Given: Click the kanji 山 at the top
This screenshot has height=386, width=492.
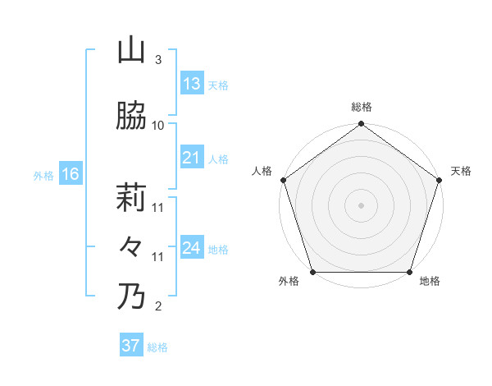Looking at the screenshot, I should (131, 51).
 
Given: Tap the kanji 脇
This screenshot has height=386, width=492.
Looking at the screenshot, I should (131, 117).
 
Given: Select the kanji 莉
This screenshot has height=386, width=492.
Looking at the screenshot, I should (131, 200).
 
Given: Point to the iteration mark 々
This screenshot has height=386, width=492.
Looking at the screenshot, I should (131, 247).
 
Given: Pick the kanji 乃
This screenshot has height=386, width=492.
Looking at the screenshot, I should (131, 296).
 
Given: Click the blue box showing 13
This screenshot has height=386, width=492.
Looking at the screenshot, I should (192, 85).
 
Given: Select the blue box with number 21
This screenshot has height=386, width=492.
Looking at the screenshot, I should (192, 159).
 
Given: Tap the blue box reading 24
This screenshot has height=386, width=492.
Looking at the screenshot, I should (192, 249).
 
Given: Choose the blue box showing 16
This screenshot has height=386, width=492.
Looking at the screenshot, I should (71, 174).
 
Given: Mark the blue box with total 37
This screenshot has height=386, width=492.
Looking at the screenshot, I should (131, 346).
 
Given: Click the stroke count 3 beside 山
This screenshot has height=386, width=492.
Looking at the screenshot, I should (158, 60).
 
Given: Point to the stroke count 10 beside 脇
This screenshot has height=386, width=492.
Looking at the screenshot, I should (158, 126).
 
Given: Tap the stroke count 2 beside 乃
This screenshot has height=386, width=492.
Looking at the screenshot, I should (158, 307).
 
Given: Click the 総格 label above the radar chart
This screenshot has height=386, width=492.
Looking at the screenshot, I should (361, 108).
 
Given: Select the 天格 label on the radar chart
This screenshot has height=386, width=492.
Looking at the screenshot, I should (461, 171).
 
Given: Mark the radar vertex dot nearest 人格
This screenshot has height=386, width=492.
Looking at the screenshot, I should (283, 180).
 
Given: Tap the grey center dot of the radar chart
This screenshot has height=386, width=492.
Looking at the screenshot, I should (361, 205).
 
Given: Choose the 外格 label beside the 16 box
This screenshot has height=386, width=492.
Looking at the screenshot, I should (43, 175).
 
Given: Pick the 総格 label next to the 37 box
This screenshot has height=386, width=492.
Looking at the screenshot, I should (157, 347).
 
